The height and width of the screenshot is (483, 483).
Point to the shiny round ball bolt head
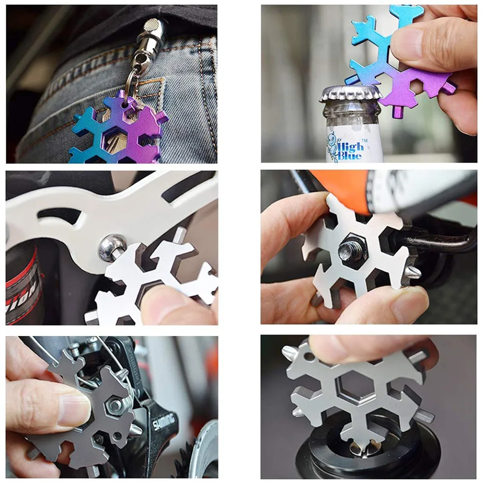(x=112, y=248)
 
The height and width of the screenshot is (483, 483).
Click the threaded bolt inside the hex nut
(x=352, y=251)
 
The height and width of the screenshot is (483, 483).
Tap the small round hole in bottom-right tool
(x=308, y=357)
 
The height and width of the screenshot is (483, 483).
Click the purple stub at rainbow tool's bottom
(x=398, y=112)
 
